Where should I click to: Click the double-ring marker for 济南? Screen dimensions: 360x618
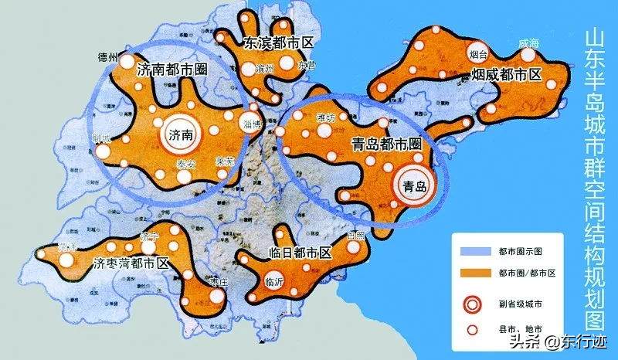tap(180, 134)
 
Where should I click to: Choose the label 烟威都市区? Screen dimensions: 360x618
tap(507, 74)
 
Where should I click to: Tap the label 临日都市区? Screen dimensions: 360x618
tap(301, 253)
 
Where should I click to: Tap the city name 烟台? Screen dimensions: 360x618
tap(478, 55)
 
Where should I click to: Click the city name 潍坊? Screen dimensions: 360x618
tap(327, 118)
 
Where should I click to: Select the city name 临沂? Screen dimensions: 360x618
tap(274, 282)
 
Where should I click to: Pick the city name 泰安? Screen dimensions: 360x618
tap(186, 163)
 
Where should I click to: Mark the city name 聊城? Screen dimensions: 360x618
tap(101, 138)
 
